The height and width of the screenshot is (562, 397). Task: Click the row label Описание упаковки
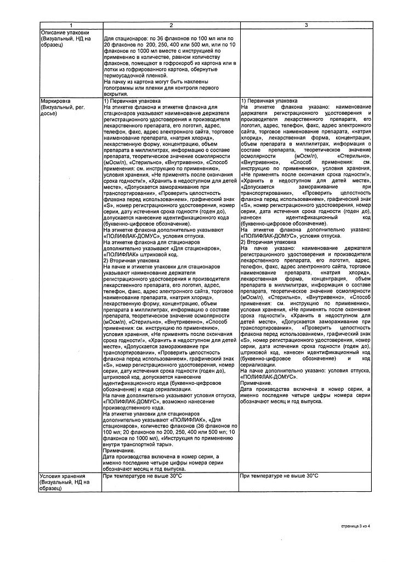[x=65, y=32]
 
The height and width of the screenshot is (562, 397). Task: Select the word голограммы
[x=120, y=87]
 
